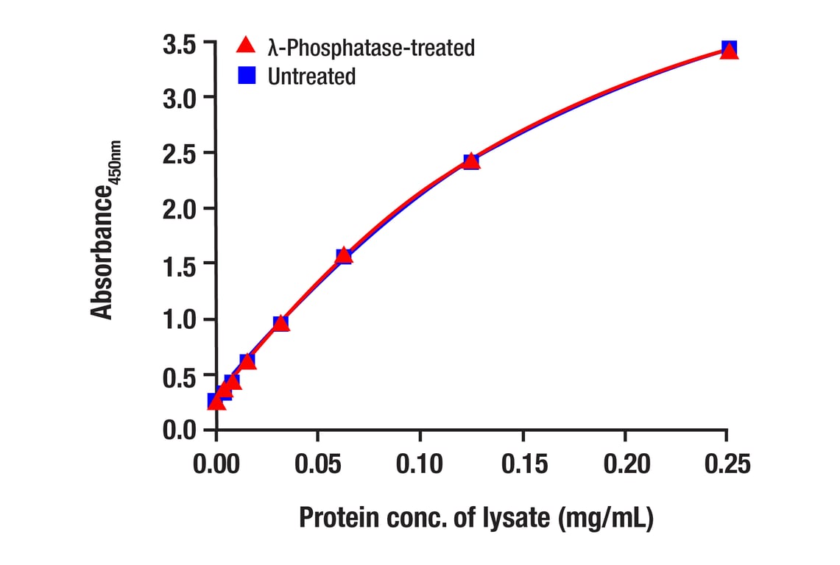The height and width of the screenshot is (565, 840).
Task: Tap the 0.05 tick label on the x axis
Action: coord(317,465)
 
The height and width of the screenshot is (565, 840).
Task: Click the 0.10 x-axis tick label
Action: coord(420,465)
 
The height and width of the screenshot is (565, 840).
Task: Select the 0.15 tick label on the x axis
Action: coord(523,465)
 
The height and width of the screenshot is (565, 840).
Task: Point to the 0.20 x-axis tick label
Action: coord(625,465)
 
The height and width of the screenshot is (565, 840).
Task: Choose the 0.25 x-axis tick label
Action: coord(727,465)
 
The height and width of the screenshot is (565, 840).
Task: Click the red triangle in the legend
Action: coord(246,46)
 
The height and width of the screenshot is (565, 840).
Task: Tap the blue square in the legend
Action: coord(247,75)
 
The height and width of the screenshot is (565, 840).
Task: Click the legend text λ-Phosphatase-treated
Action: coord(371,48)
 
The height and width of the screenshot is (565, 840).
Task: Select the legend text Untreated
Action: coord(311,77)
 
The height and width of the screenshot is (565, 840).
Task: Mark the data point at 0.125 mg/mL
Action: coord(471,161)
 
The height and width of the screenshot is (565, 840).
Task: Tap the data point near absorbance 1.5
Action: coord(344,255)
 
